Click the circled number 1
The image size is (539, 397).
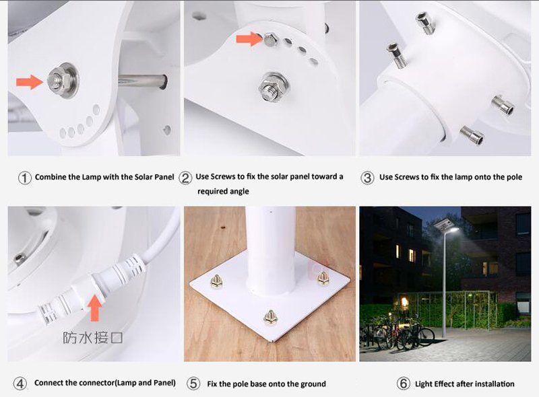click(x=25, y=178)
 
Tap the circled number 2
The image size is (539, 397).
click(x=185, y=178)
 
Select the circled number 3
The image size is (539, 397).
click(x=367, y=178)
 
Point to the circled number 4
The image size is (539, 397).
click(x=20, y=384)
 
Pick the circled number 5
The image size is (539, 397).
click(x=193, y=384)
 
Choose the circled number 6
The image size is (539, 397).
click(x=403, y=384)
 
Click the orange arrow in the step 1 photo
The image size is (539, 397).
click(x=30, y=82)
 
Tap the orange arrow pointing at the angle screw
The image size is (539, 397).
click(x=249, y=39)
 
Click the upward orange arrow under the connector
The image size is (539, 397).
click(x=95, y=308)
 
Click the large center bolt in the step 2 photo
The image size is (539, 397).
click(x=274, y=87)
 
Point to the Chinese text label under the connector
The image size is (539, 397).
click(x=92, y=338)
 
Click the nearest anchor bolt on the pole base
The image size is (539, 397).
click(x=271, y=318)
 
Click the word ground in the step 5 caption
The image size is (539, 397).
click(x=313, y=384)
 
